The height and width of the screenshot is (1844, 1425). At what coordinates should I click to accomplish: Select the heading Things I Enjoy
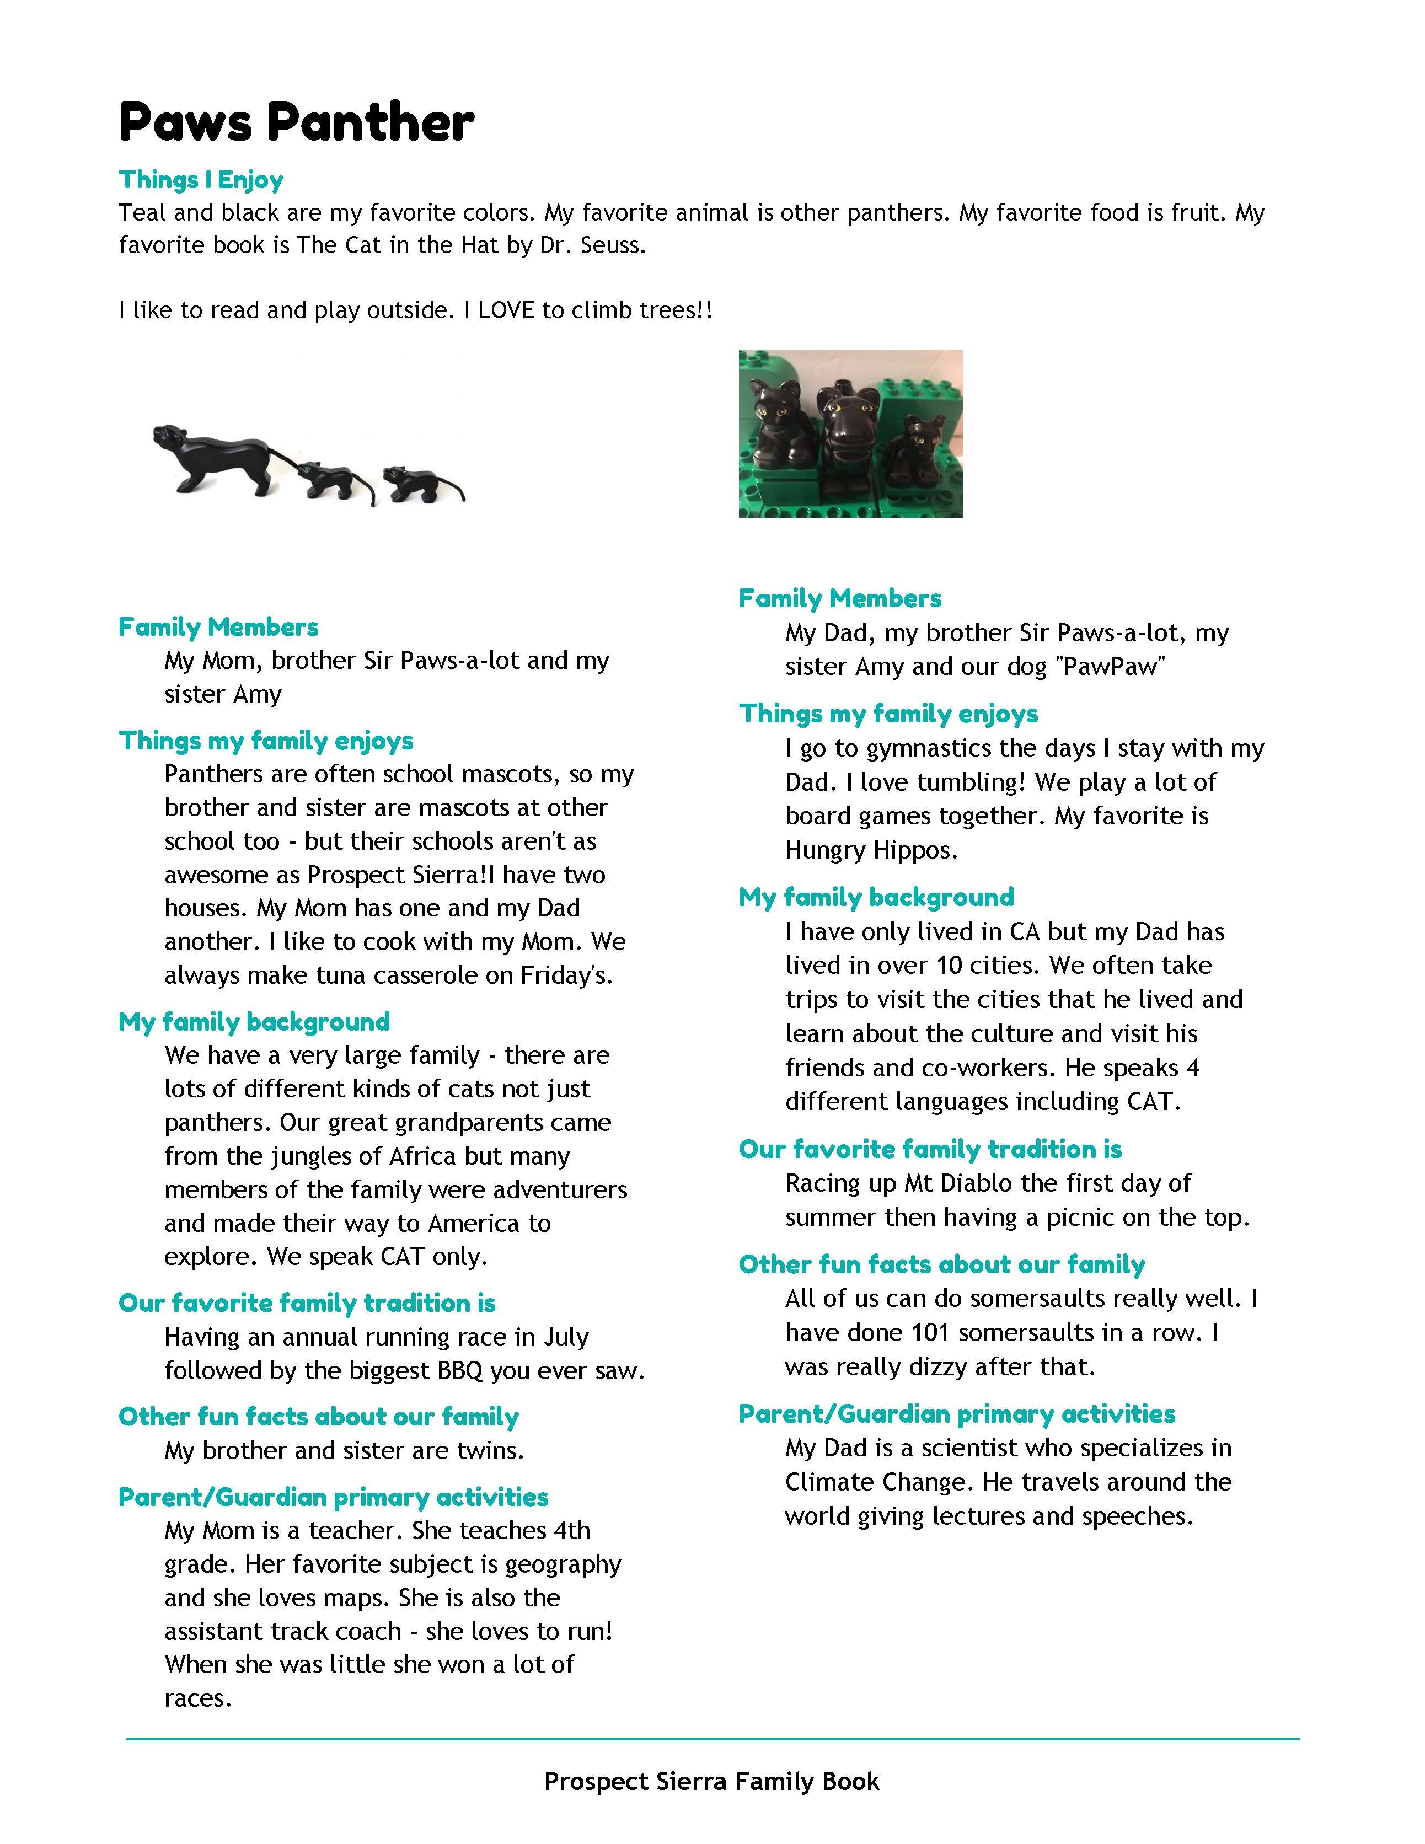click(x=201, y=180)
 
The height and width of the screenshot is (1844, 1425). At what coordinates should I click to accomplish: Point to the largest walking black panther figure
click(x=218, y=456)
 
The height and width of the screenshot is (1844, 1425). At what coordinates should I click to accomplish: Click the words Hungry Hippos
click(x=871, y=850)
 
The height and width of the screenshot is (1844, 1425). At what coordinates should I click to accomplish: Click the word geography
click(x=563, y=1564)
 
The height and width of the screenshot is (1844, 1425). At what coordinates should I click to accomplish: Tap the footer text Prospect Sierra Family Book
click(x=711, y=1782)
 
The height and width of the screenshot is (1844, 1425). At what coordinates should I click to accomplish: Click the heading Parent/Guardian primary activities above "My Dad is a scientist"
click(x=956, y=1414)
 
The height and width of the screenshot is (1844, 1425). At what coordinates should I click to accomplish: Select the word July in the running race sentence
click(x=566, y=1337)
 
